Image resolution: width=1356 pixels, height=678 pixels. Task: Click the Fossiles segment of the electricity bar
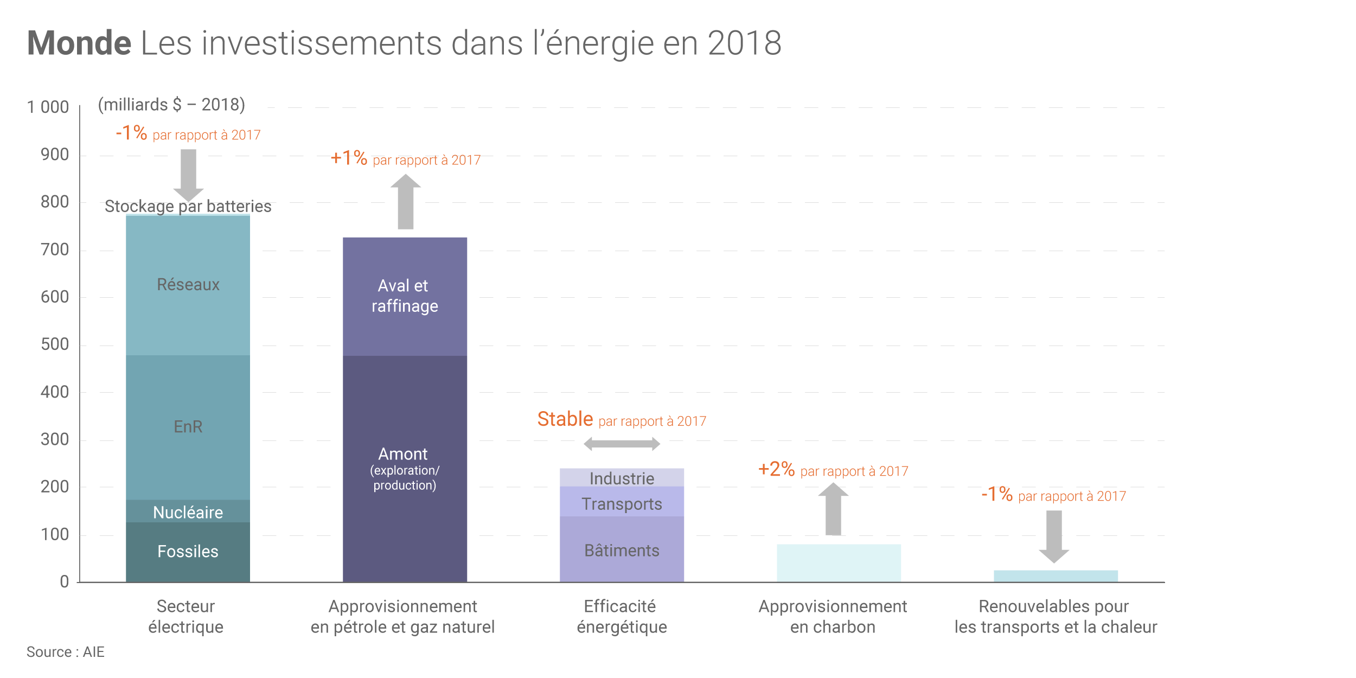click(188, 552)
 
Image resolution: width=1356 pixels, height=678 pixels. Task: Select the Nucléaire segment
click(188, 511)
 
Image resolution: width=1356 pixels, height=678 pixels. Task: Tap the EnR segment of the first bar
click(188, 427)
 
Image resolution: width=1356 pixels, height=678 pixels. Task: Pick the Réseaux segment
click(188, 285)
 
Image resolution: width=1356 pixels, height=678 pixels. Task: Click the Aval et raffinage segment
click(405, 296)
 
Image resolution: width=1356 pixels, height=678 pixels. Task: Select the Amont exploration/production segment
click(405, 469)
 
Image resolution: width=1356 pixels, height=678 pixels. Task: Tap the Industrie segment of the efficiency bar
click(622, 478)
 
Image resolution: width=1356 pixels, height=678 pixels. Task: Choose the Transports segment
click(622, 503)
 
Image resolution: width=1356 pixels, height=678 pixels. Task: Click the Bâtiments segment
click(622, 550)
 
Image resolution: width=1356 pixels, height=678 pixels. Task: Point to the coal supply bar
click(839, 563)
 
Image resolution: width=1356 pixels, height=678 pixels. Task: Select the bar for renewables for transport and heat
click(1056, 576)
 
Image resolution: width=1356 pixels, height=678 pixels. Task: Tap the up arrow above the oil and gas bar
click(405, 202)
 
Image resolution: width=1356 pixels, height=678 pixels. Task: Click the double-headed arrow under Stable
click(622, 444)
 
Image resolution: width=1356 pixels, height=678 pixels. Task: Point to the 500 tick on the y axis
click(55, 344)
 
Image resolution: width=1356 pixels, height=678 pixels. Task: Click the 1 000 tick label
click(48, 107)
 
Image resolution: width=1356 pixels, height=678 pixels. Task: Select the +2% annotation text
click(776, 469)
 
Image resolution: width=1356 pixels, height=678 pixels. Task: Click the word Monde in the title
click(79, 43)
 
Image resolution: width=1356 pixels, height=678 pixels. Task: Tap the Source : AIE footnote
click(65, 652)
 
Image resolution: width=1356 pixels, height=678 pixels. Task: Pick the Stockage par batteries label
click(188, 206)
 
